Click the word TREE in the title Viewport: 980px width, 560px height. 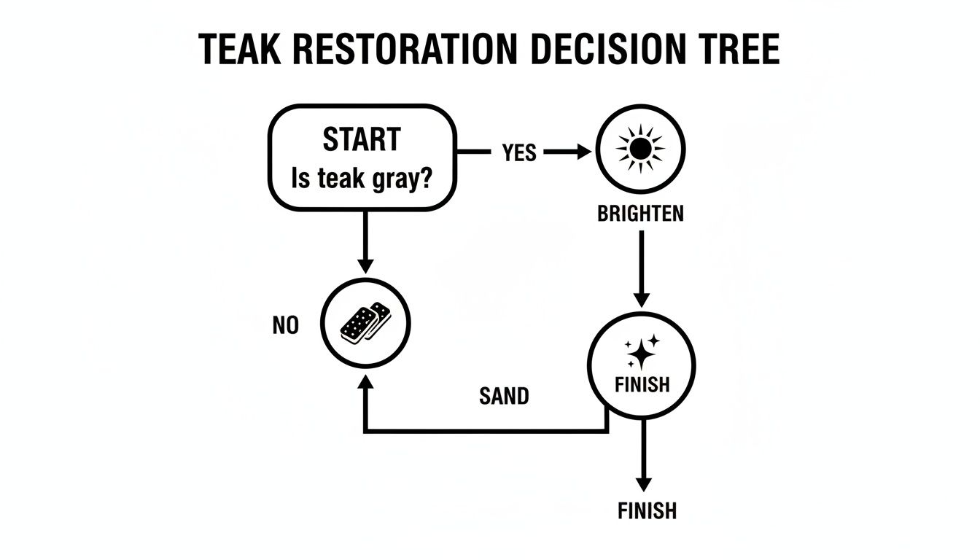[x=736, y=50]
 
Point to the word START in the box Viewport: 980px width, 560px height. [x=362, y=139]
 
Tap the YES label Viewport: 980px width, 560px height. [x=519, y=153]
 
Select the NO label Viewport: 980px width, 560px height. [x=286, y=326]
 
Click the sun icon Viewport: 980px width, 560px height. [x=640, y=149]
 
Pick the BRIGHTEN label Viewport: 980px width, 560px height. [x=640, y=214]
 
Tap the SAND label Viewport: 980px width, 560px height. [x=504, y=397]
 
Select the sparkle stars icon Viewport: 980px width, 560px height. [x=640, y=351]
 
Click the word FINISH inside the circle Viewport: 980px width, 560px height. [x=642, y=384]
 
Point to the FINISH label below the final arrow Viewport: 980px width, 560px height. [x=647, y=510]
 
